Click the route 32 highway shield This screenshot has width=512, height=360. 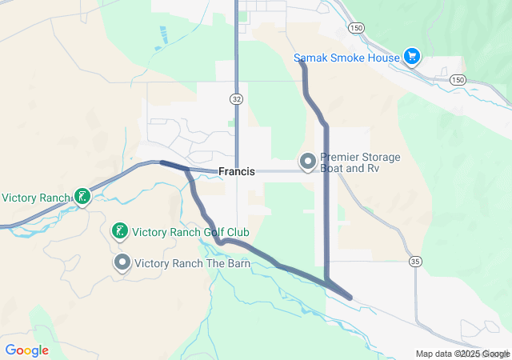236,98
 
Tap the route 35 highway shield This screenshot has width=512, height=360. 414,262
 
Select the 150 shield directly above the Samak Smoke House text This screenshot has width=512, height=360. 356,27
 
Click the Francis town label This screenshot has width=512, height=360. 236,171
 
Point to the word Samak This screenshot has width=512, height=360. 310,57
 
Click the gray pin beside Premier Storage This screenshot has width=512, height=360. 307,162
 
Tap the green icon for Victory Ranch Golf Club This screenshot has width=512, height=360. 119,232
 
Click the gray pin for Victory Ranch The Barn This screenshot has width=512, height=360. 122,262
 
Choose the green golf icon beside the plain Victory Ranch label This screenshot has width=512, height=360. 82,196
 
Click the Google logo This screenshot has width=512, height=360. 26,350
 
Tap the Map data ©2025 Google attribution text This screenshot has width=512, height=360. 462,354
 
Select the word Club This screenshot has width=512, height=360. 237,232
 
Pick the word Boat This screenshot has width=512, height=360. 333,169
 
